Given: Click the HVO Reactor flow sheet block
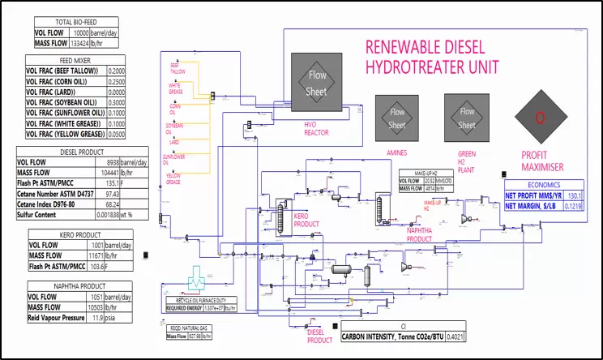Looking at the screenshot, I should (x=317, y=83).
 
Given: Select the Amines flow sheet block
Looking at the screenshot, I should (x=397, y=118).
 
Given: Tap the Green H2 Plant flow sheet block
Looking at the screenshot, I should (x=467, y=118).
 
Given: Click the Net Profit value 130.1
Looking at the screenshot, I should (x=575, y=195).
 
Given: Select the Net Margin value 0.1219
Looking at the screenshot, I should (x=572, y=206).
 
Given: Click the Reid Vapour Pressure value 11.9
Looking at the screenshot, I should (x=119, y=319).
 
